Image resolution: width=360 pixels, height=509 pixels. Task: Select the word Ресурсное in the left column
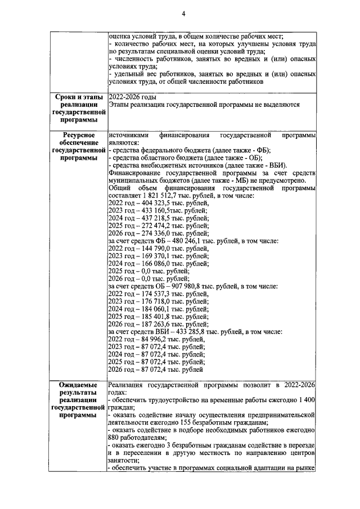pyautogui.click(x=78, y=136)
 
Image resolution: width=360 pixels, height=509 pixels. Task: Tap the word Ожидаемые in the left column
pyautogui.click(x=79, y=385)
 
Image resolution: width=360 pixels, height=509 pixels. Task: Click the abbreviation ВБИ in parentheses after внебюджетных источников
pyautogui.click(x=276, y=165)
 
